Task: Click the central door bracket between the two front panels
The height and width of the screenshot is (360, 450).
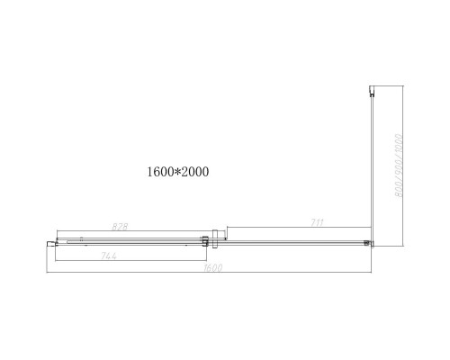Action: coord(209,240)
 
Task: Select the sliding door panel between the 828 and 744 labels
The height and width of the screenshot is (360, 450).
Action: coord(126,241)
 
